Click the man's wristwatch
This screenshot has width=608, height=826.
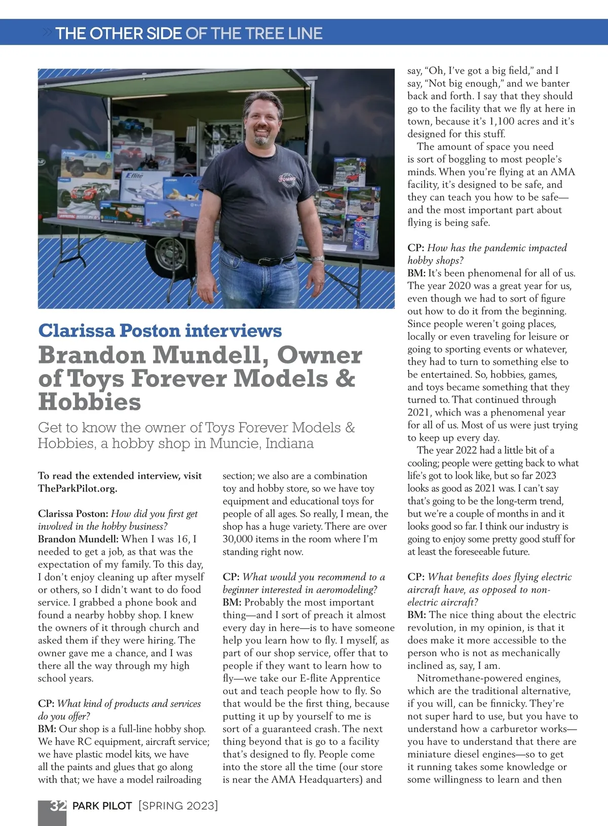(318, 259)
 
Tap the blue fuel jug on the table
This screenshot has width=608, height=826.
(366, 233)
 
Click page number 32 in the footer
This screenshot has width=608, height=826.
(58, 806)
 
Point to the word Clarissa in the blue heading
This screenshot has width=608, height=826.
(76, 331)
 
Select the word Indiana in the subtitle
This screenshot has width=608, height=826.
(289, 443)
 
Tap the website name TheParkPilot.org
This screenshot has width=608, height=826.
(78, 488)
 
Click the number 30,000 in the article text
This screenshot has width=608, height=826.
(241, 539)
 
